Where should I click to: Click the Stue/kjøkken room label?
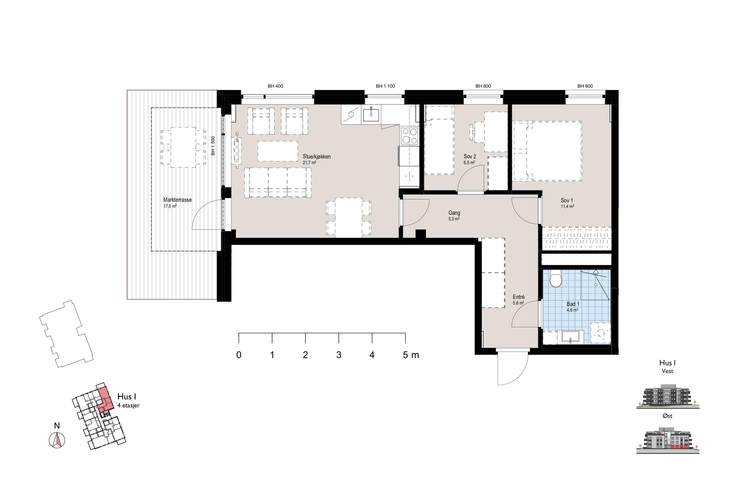click(316, 156)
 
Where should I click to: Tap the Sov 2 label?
click(470, 156)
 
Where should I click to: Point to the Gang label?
click(454, 213)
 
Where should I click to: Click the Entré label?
click(519, 297)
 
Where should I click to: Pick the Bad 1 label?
click(573, 304)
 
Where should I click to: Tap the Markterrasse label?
click(177, 200)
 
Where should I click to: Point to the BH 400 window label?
click(275, 86)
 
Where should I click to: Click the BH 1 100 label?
click(386, 86)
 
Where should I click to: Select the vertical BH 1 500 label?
click(213, 146)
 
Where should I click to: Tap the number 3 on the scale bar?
click(339, 355)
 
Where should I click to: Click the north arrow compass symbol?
click(57, 439)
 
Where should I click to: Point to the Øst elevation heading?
click(668, 416)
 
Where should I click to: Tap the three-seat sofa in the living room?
click(277, 183)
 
